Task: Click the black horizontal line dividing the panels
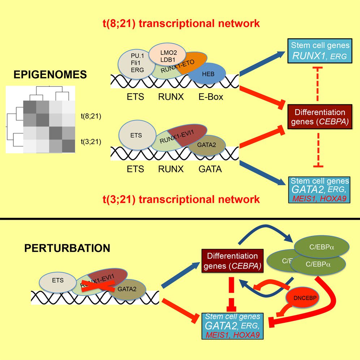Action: [x=180, y=219]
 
